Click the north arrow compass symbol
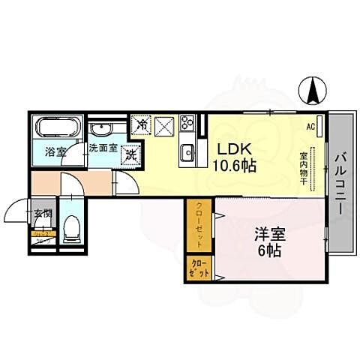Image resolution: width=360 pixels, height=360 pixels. tap(312, 91)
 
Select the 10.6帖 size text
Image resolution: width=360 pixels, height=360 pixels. tap(234, 165)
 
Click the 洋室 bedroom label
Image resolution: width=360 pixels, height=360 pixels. tap(264, 233)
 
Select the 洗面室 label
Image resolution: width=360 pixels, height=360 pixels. tap(103, 148)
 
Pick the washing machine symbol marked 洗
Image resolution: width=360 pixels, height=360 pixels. tap(131, 155)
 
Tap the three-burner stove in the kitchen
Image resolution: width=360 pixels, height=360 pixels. tap(187, 123)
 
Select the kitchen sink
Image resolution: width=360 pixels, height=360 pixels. tap(186, 155)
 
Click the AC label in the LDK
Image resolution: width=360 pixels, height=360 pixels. tap(309, 127)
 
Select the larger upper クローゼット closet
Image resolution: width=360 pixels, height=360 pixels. tap(200, 225)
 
